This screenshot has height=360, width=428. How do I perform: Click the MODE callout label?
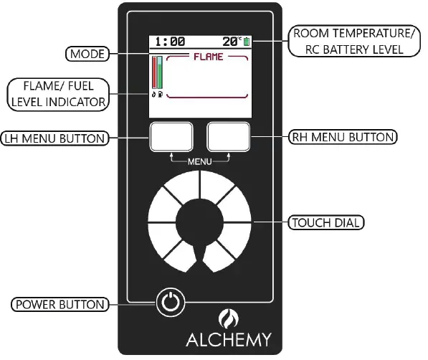[x=87, y=54]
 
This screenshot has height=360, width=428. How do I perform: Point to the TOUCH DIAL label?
[x=326, y=222]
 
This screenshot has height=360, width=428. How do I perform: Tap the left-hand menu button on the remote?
[x=171, y=136]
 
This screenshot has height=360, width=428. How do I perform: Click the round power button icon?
[x=169, y=303]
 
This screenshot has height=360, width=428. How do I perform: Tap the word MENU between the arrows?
[x=200, y=162]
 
